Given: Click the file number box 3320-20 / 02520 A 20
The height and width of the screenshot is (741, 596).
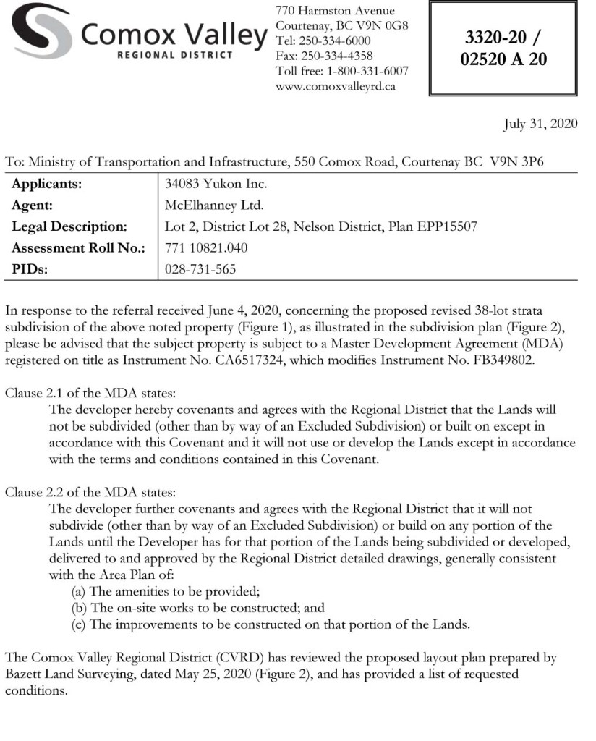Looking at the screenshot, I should (503, 48).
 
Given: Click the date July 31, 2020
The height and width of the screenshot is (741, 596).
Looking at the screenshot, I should (540, 124).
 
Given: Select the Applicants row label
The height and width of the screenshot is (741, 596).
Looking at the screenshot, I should (46, 184).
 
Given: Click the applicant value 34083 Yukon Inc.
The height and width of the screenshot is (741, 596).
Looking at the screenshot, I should (205, 184).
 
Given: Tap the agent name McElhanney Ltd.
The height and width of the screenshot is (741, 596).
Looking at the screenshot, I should (205, 205).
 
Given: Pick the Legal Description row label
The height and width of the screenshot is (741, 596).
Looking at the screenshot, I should (69, 226).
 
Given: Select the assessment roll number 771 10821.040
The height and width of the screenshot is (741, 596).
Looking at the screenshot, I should (206, 248).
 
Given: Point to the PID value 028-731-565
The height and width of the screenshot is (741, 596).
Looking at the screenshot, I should (200, 269).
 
